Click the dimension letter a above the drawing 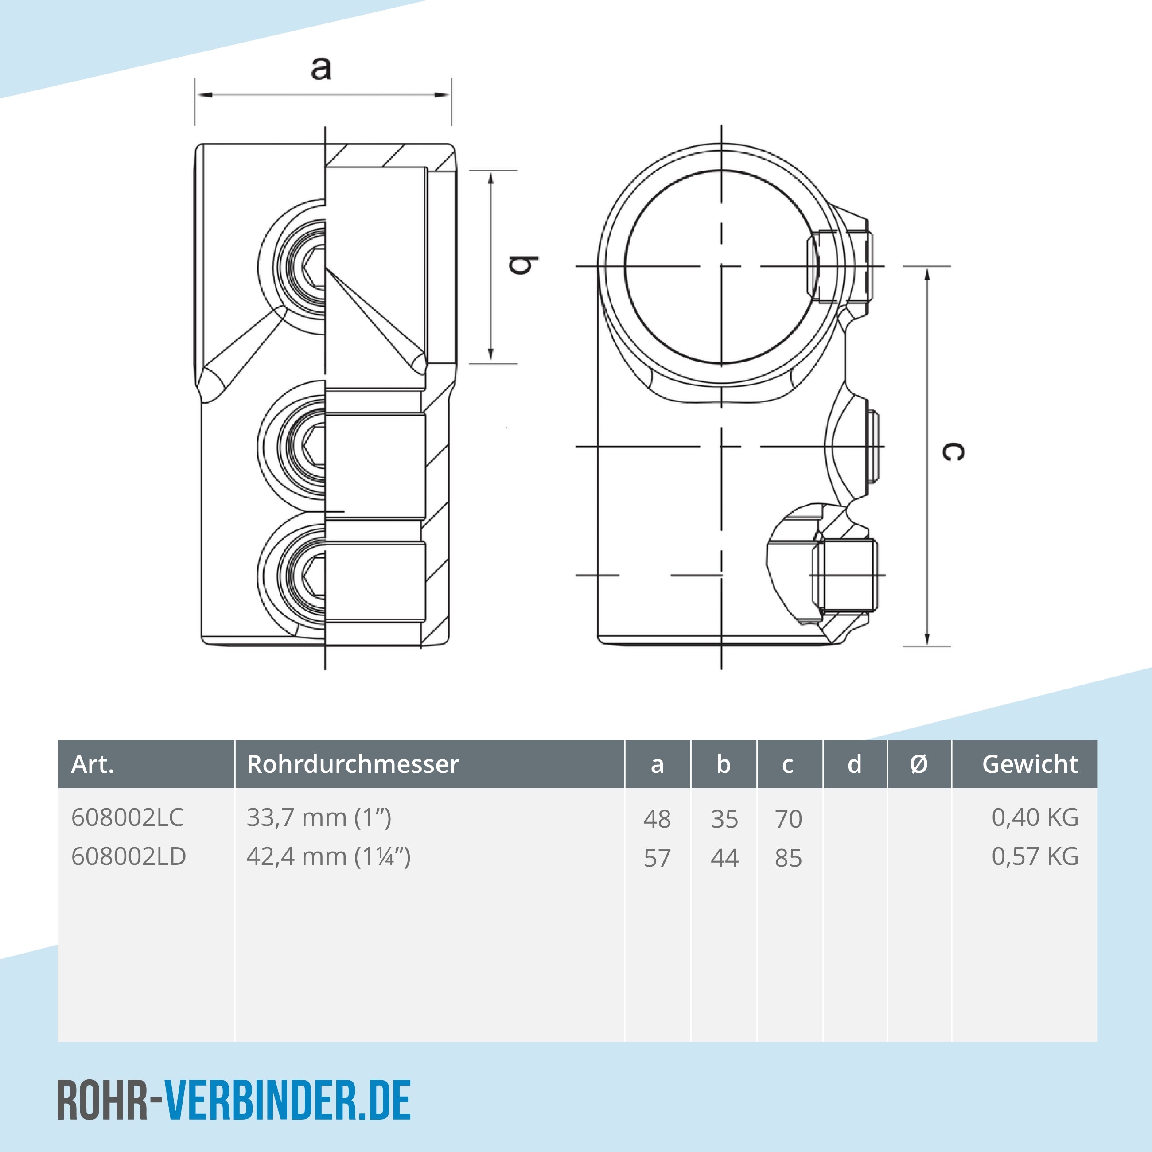tap(321, 68)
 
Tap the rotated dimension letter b tap(523, 265)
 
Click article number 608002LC tap(127, 817)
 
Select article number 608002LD tap(128, 857)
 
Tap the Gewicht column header tap(1029, 764)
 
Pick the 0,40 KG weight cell tap(1035, 817)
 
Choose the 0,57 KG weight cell tap(1035, 857)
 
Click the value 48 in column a tap(657, 819)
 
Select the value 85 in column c tap(788, 859)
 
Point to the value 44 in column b tap(724, 859)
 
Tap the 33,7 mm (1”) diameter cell tap(319, 817)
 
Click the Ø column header tap(919, 764)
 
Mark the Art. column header tap(93, 764)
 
